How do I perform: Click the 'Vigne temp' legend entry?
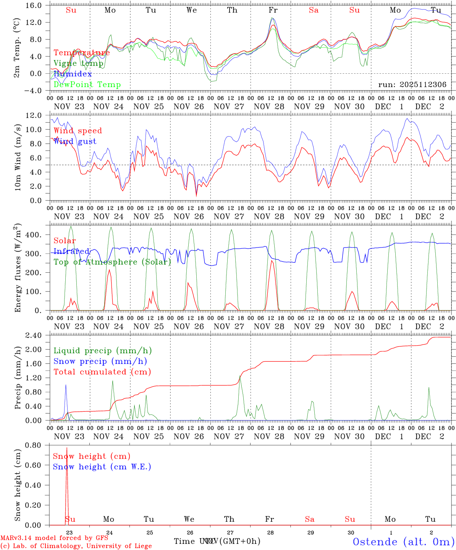(x=78, y=63)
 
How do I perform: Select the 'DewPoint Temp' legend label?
(x=87, y=85)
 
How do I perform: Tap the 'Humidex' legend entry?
(x=73, y=74)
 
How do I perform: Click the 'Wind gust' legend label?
(x=75, y=141)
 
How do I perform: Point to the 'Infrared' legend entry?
(x=71, y=251)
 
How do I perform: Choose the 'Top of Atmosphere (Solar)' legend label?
(x=112, y=262)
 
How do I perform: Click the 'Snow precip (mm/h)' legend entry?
(x=100, y=361)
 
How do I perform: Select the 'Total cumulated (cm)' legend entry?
(x=102, y=372)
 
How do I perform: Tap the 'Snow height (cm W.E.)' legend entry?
(x=102, y=467)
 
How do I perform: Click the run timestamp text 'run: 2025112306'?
(x=412, y=85)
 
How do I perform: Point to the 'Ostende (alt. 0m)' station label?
(x=404, y=542)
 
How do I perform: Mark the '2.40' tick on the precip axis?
(x=34, y=335)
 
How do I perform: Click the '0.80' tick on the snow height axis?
(x=34, y=445)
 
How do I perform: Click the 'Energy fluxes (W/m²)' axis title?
(x=17, y=269)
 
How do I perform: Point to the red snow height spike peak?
(x=67, y=448)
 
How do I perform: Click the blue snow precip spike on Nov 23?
(x=66, y=385)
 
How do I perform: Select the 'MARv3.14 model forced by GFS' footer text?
(x=54, y=538)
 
